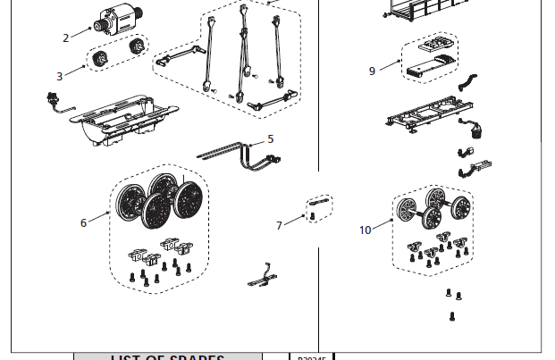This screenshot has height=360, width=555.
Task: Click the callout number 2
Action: point(65,38)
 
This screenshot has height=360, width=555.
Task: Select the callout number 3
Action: point(60,77)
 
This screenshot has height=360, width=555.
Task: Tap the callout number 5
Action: point(270,138)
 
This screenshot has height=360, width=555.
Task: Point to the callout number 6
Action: point(84,222)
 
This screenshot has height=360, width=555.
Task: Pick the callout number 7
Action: point(279,225)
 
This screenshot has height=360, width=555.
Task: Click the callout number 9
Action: point(373,71)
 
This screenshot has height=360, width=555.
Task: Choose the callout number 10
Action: point(365,230)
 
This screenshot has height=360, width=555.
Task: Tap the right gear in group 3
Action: point(137,46)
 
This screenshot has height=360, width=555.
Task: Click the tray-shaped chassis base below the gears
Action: point(130,121)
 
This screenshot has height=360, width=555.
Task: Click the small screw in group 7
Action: point(311,216)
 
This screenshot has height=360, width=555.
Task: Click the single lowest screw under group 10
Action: point(452,315)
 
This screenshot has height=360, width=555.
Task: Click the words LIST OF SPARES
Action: point(167,357)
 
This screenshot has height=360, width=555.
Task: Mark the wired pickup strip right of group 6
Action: point(261,277)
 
